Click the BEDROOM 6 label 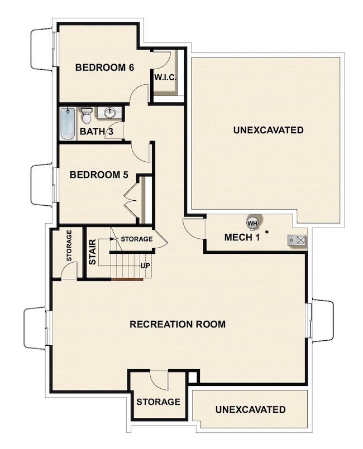point(104,68)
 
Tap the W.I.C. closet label point(165,78)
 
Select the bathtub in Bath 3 point(67,124)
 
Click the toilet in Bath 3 point(86,117)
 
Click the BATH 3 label point(96,132)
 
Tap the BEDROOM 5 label point(99,175)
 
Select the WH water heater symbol point(252,223)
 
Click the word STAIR point(93,252)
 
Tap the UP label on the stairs point(145,265)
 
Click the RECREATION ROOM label point(178,324)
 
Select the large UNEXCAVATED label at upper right point(268,131)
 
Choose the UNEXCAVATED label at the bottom point(250,410)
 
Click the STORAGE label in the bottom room point(158,402)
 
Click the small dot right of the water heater point(267,231)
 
